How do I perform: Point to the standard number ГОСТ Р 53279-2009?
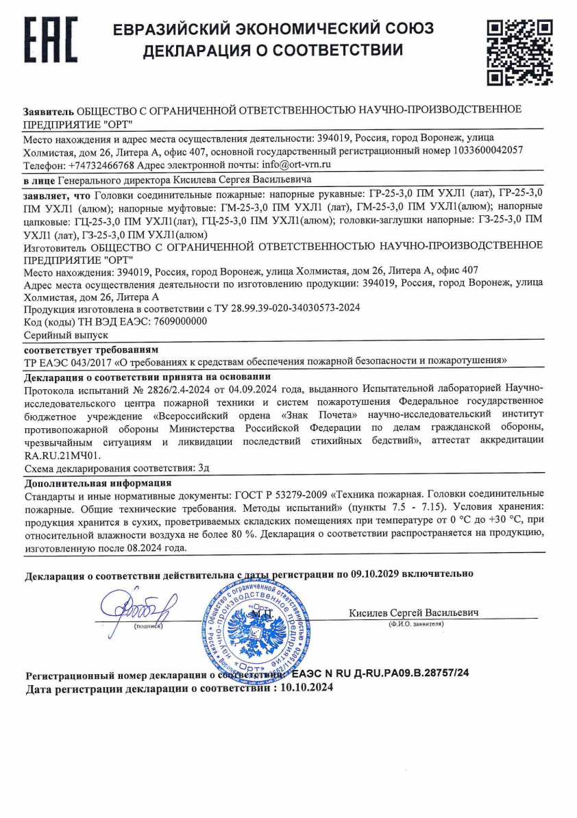(274, 494)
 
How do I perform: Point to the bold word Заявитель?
(49, 110)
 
